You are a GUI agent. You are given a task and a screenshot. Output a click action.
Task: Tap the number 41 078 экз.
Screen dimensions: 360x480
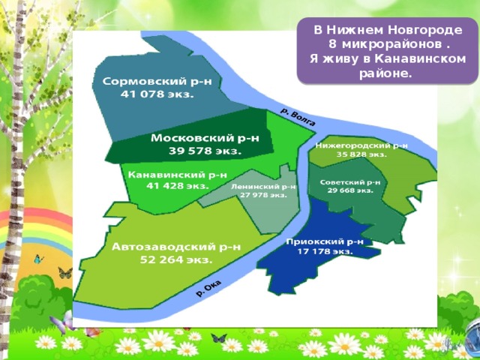(158, 95)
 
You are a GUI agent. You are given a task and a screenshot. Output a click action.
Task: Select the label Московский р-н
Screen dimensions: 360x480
(205, 138)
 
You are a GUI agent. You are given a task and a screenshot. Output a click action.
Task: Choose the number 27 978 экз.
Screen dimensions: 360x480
(263, 194)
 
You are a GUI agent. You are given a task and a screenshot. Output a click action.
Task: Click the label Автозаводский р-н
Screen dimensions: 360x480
(176, 246)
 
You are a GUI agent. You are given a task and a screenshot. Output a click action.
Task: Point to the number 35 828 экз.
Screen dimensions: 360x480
(361, 154)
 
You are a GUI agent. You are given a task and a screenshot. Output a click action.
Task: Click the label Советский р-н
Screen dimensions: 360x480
(350, 181)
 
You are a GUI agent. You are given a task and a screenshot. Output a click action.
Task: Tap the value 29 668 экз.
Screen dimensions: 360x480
(349, 190)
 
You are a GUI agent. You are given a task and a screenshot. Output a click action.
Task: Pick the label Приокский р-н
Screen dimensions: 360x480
(324, 241)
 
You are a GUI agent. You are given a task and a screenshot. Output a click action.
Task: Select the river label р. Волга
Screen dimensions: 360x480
(298, 116)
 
